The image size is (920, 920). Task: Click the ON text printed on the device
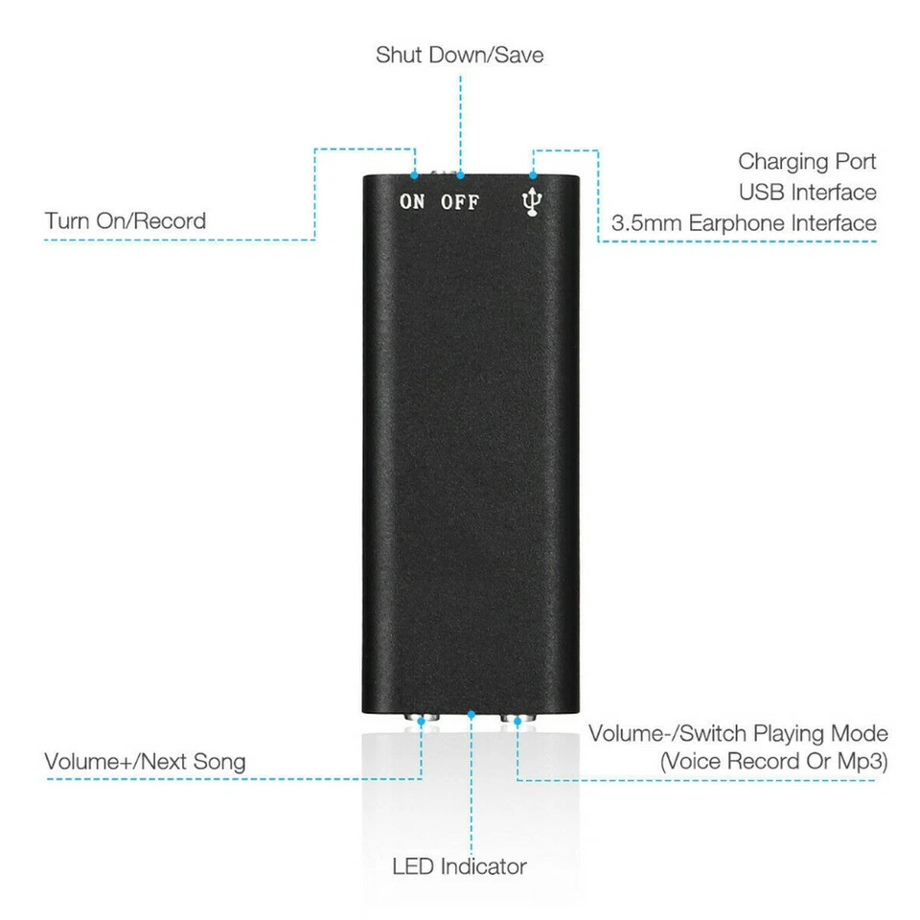pyautogui.click(x=412, y=202)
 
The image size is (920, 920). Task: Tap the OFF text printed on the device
pyautogui.click(x=459, y=202)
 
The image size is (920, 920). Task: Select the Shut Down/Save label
pyautogui.click(x=459, y=55)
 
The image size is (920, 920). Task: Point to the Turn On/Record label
pyautogui.click(x=125, y=221)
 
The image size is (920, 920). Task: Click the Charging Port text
pyautogui.click(x=807, y=161)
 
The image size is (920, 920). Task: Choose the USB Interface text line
pyautogui.click(x=807, y=192)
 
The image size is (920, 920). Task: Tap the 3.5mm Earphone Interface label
pyautogui.click(x=744, y=223)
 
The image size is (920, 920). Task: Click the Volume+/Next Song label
pyautogui.click(x=145, y=762)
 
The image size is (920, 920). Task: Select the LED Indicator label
pyautogui.click(x=459, y=867)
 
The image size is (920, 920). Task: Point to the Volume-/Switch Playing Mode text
pyautogui.click(x=738, y=734)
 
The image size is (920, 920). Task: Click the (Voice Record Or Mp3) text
pyautogui.click(x=773, y=763)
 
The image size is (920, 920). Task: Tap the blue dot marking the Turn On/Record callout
pyautogui.click(x=414, y=175)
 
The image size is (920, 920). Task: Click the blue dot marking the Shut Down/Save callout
pyautogui.click(x=460, y=175)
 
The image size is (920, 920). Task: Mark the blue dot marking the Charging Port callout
pyautogui.click(x=534, y=175)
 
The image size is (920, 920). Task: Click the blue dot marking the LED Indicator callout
pyautogui.click(x=471, y=714)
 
